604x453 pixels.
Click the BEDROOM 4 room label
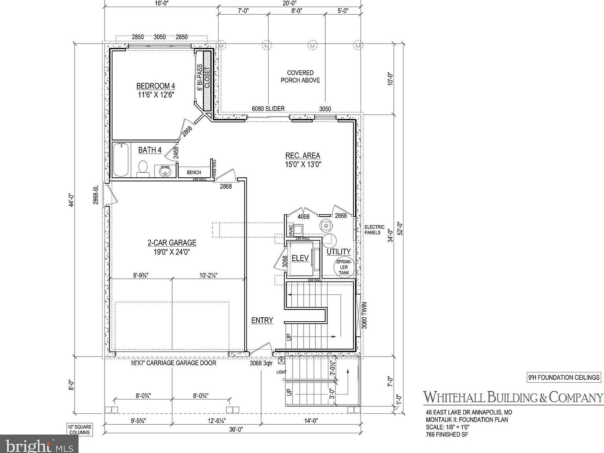pyautogui.click(x=155, y=86)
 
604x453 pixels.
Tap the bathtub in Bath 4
pyautogui.click(x=121, y=160)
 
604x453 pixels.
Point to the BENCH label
pyautogui.click(x=194, y=172)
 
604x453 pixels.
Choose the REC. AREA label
pyautogui.click(x=303, y=156)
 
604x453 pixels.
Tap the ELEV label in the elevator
pyautogui.click(x=300, y=258)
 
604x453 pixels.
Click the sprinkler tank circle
pyautogui.click(x=344, y=267)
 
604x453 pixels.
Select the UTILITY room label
pyautogui.click(x=339, y=252)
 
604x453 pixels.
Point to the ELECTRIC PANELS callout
pyautogui.click(x=374, y=230)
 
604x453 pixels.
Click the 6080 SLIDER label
pyautogui.click(x=268, y=109)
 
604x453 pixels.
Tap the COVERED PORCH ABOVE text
pyautogui.click(x=300, y=76)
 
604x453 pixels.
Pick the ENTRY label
pyautogui.click(x=262, y=320)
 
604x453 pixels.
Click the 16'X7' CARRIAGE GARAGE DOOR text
pyautogui.click(x=173, y=363)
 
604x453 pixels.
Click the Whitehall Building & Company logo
pyautogui.click(x=512, y=398)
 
